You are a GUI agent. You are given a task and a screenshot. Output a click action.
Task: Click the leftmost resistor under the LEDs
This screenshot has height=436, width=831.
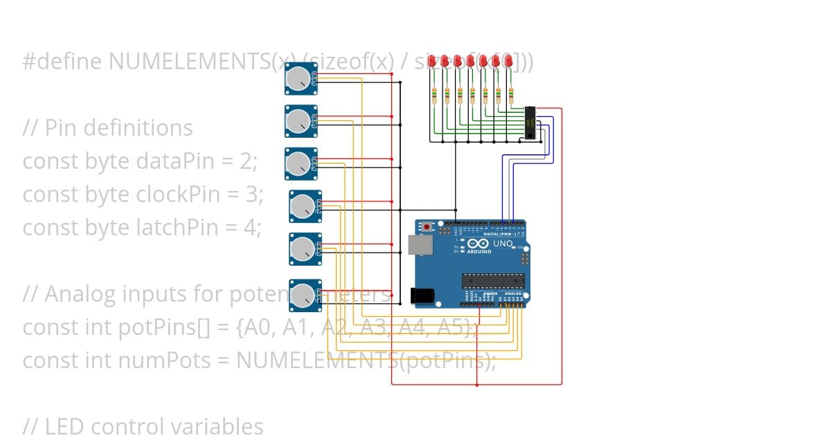[x=434, y=96]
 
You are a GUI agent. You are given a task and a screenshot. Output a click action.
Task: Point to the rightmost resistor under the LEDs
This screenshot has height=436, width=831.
[x=511, y=96]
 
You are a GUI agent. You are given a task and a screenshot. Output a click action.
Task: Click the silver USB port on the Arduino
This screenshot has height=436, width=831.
[x=418, y=245]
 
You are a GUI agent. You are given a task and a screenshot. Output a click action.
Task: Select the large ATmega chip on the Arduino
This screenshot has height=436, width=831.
[x=492, y=280]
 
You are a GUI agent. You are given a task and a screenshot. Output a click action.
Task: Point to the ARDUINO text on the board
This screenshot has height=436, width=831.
[x=479, y=252]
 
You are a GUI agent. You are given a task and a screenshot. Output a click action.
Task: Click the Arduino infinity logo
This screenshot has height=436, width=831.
[x=479, y=244]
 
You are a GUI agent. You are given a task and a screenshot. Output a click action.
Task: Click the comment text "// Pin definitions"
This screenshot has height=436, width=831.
[x=108, y=128]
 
